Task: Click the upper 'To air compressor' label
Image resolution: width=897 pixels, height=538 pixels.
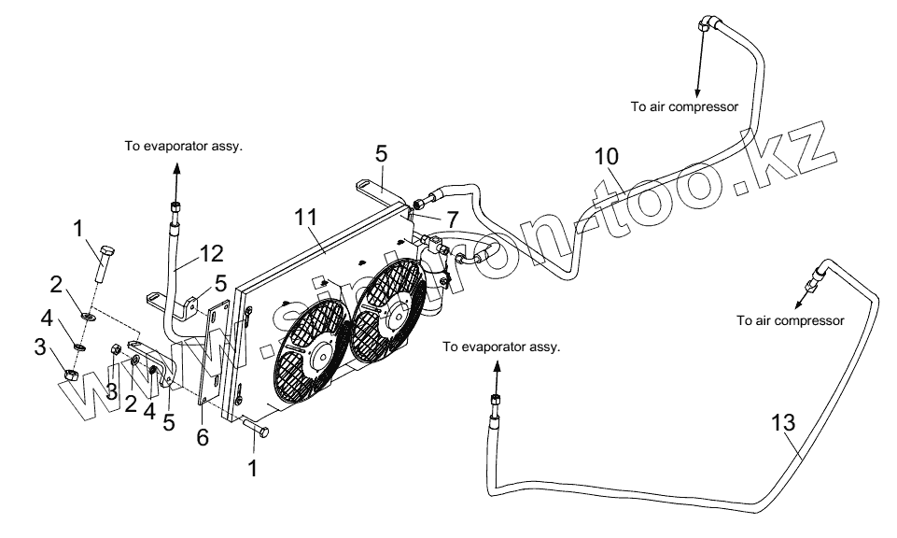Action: click(x=684, y=107)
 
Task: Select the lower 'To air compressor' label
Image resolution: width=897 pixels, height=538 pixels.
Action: click(x=790, y=320)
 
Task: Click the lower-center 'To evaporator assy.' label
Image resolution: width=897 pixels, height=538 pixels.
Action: click(x=501, y=347)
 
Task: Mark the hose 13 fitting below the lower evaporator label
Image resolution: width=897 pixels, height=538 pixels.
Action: click(x=493, y=406)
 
